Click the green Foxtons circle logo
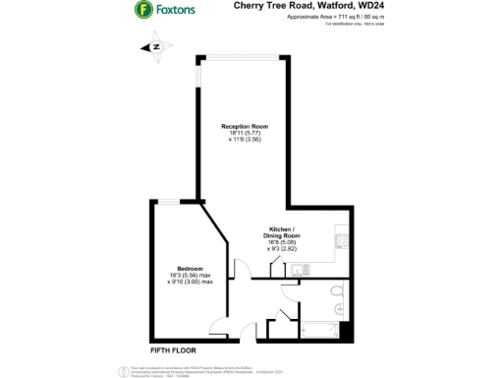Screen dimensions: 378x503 coord(142,10)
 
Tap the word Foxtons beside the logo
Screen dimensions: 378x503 coord(175,10)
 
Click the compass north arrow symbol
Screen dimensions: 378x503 coord(154,45)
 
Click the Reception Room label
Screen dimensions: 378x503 coord(245,127)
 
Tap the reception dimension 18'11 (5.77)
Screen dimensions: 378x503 coord(245,134)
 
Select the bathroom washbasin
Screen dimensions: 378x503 coord(340,311)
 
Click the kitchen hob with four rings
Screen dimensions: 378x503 coord(341,238)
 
